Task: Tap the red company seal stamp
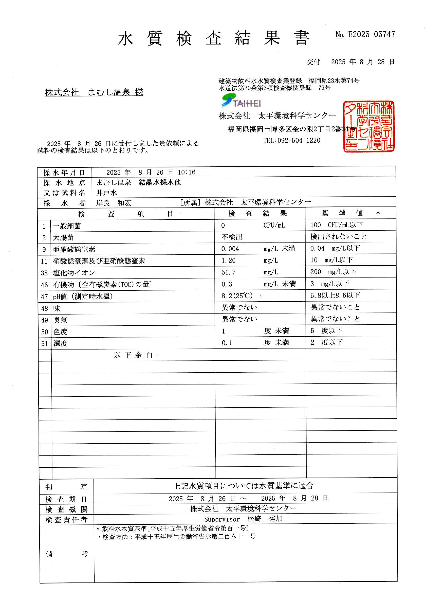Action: [368, 126]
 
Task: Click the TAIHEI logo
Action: [241, 102]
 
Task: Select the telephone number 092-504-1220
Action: [292, 140]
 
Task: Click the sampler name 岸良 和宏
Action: [114, 203]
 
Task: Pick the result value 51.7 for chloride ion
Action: [228, 272]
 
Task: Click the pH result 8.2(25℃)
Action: [237, 296]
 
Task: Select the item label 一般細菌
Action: [67, 226]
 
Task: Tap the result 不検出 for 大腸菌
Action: [232, 237]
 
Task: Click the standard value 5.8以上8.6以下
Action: [335, 295]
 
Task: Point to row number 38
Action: [44, 273]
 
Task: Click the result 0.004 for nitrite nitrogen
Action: [230, 249]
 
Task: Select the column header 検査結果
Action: [257, 213]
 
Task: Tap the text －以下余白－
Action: [133, 355]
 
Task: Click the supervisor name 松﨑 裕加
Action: [265, 519]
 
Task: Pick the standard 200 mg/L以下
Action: [333, 272]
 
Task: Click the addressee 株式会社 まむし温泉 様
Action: [94, 92]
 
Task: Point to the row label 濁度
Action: [60, 343]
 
